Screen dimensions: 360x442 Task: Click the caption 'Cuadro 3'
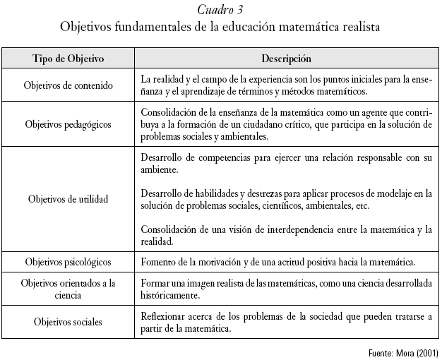pyautogui.click(x=221, y=10)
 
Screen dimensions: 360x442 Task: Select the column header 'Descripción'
pyautogui.click(x=286, y=59)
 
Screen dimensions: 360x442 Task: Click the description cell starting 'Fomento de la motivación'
pyautogui.click(x=277, y=262)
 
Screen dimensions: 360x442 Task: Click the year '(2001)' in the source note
pyautogui.click(x=424, y=352)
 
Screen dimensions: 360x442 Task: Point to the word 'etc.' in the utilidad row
pyautogui.click(x=361, y=205)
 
